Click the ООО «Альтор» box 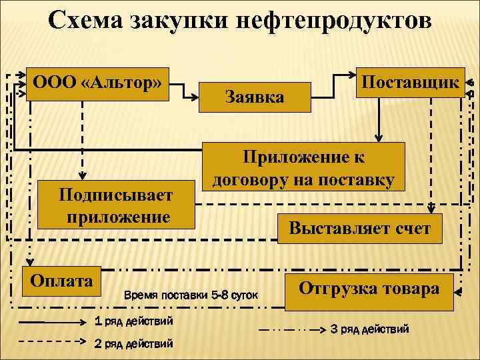[97, 84]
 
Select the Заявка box [255, 97]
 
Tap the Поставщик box [410, 82]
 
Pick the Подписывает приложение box [115, 206]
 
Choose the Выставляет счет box [359, 229]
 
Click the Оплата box [61, 281]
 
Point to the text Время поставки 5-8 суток [191, 294]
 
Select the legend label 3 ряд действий [370, 329]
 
